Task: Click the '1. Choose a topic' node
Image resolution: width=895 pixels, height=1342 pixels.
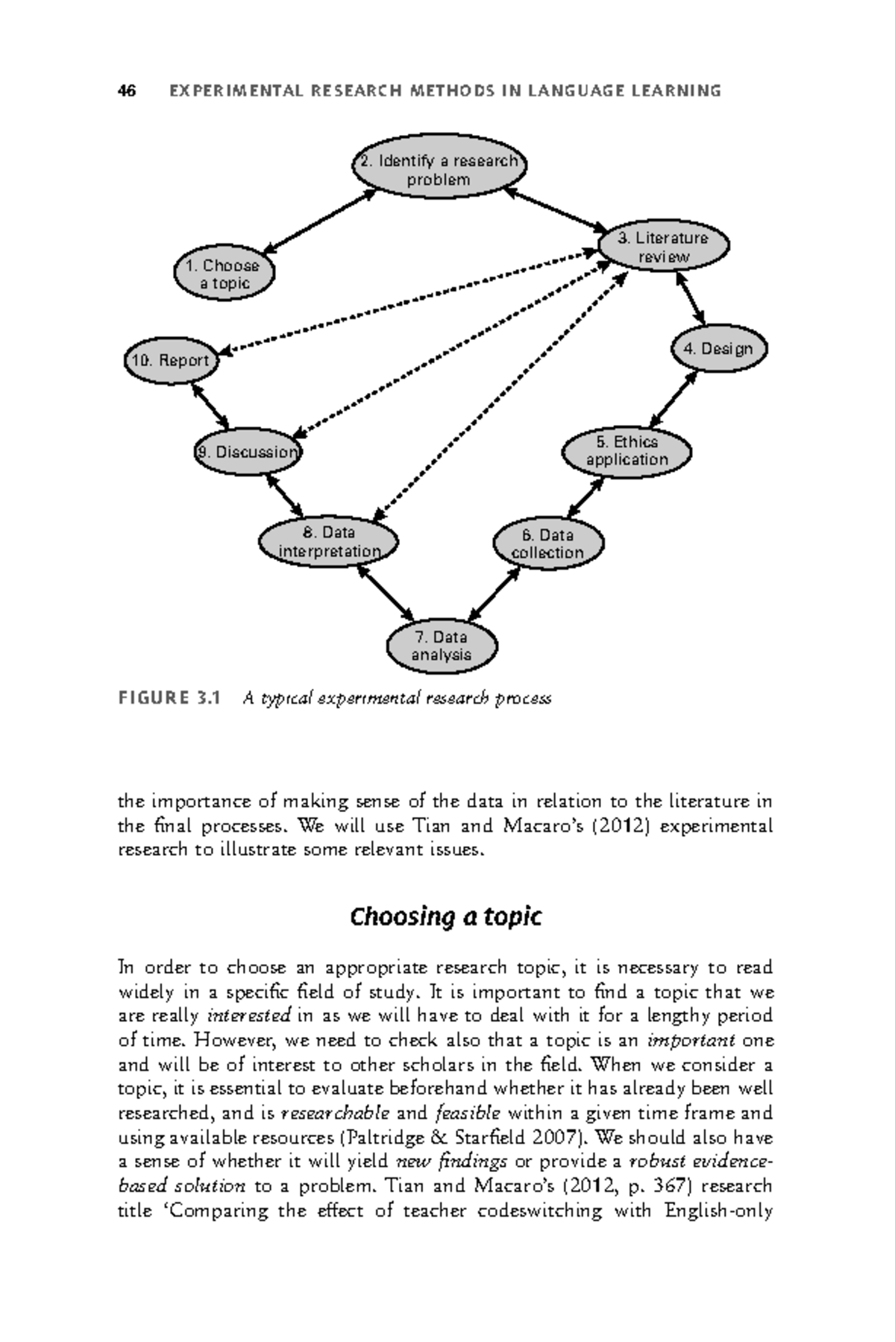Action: (224, 274)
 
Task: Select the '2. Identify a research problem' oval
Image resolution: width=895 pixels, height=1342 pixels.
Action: (439, 170)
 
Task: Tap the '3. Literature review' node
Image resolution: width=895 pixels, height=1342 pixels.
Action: (664, 248)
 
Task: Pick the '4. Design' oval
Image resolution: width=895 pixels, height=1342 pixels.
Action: (719, 349)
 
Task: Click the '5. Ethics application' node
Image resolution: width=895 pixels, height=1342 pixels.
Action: (626, 452)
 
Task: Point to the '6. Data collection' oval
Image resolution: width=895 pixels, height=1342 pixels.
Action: (548, 544)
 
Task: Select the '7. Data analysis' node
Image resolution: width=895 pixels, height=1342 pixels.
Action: (442, 646)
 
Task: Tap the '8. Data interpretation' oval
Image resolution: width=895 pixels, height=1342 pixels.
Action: (329, 542)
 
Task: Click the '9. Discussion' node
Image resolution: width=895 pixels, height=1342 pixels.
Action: (248, 452)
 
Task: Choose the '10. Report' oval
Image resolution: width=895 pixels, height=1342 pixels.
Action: (171, 361)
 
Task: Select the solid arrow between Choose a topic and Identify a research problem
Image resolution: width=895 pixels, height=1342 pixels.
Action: (321, 220)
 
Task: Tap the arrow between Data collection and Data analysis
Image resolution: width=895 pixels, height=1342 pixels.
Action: (494, 594)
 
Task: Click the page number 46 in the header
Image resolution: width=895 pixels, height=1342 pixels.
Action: (127, 91)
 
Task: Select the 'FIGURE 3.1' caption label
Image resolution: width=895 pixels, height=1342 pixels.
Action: (170, 699)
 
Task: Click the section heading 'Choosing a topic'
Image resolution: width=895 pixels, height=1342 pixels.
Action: (445, 916)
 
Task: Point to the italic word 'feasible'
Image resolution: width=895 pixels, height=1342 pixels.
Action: (468, 1114)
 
